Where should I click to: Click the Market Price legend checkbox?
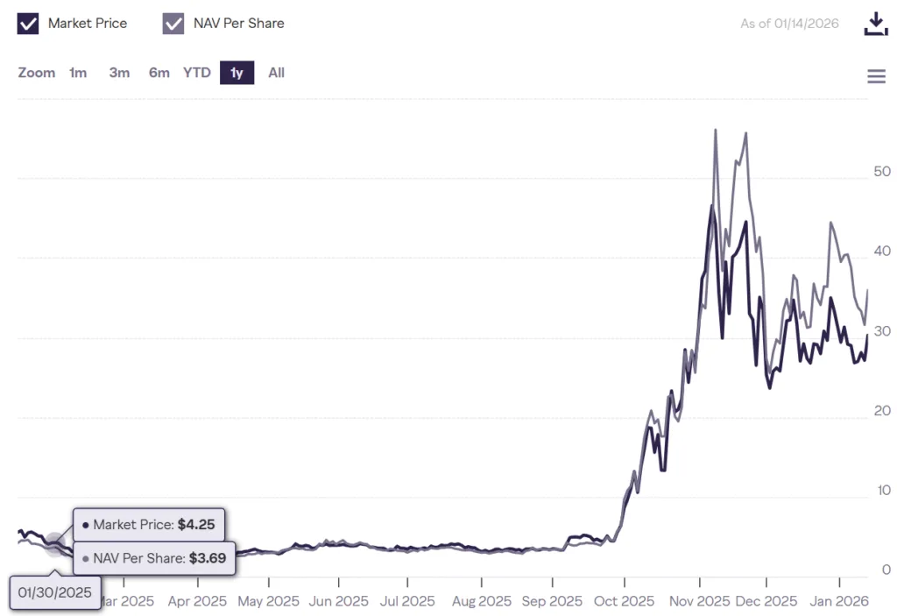tap(28, 24)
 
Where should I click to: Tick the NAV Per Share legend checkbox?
tap(173, 24)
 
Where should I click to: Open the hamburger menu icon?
tap(876, 76)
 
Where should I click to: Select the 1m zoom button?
tap(78, 73)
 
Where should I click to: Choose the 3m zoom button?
tap(119, 73)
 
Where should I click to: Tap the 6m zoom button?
tap(159, 73)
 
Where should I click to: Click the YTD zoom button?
tap(197, 73)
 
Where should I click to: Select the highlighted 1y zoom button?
tap(237, 73)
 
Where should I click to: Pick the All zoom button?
tap(276, 73)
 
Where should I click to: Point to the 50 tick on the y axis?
tap(882, 172)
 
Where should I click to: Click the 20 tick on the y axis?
tap(882, 411)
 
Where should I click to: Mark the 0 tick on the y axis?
tap(886, 570)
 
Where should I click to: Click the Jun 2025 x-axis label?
tap(339, 601)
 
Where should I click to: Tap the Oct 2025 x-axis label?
tap(625, 601)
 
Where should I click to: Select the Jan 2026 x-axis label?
tap(839, 601)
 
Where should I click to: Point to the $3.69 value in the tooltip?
tap(208, 557)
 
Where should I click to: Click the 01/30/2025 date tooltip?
tap(54, 592)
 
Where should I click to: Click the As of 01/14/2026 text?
tap(789, 24)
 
